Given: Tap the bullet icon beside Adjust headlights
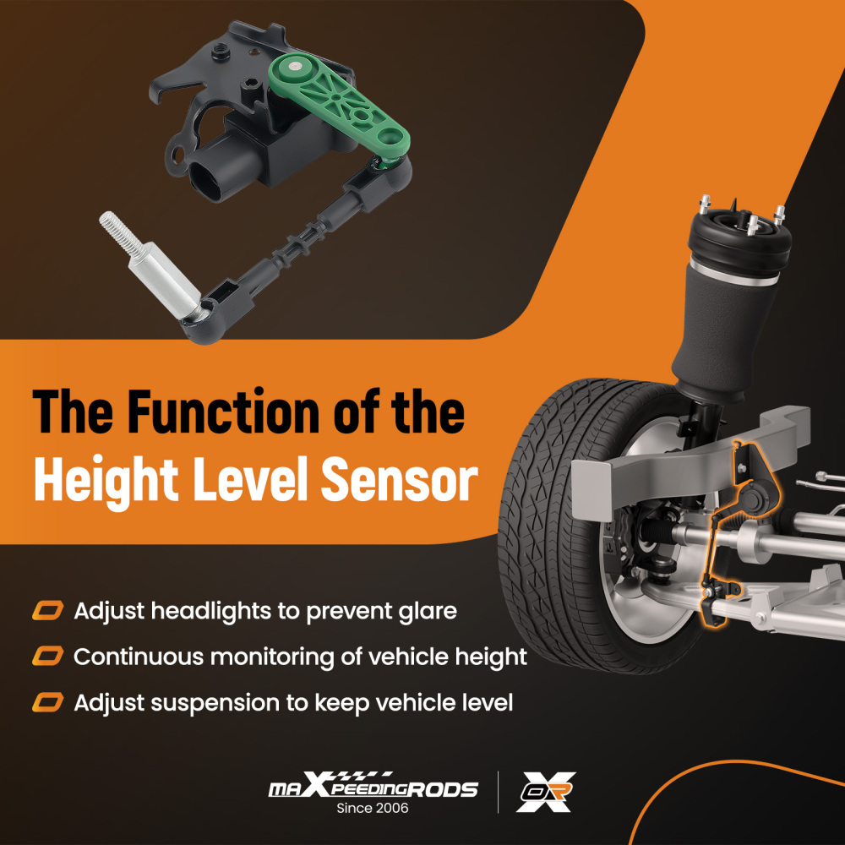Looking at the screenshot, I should coord(47,610).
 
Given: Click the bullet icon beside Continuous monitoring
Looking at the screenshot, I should coord(47,656).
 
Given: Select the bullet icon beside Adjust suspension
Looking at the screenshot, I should coord(47,701).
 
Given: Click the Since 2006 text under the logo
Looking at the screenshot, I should coord(373,809).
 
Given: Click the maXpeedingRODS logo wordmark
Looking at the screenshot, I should coord(373,788).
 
